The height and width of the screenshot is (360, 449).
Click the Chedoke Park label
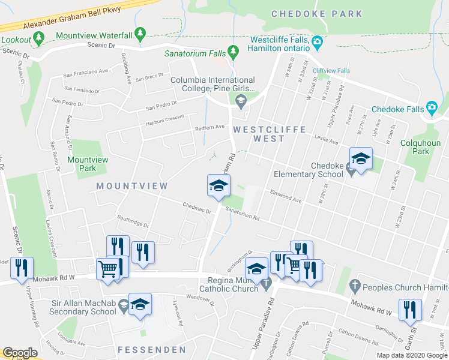(x=316, y=14)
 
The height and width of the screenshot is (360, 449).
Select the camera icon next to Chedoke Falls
(x=432, y=108)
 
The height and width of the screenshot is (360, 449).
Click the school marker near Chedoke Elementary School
(x=361, y=160)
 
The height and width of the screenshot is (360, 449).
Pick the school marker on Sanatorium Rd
(x=219, y=185)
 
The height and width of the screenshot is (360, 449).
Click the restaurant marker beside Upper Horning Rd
(x=22, y=268)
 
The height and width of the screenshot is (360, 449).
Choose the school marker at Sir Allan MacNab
(x=140, y=304)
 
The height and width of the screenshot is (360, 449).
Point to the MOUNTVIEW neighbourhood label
(x=132, y=187)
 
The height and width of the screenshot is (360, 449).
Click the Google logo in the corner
(x=20, y=353)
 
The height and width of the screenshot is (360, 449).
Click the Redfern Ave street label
(x=209, y=127)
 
